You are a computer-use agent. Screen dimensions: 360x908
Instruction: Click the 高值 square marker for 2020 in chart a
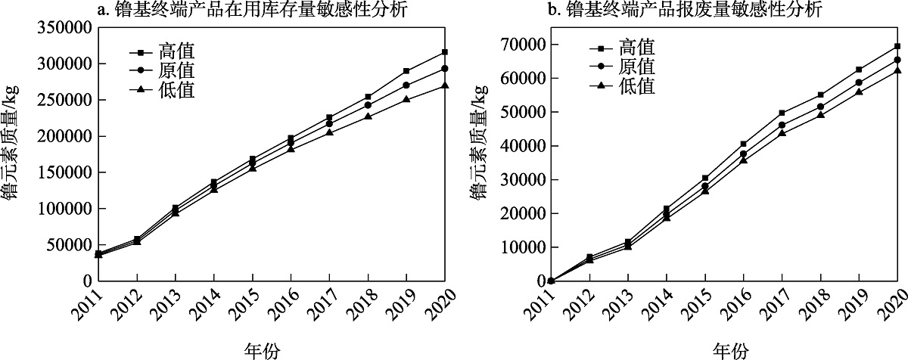tap(445, 52)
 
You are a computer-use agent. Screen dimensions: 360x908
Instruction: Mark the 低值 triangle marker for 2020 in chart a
tap(445, 85)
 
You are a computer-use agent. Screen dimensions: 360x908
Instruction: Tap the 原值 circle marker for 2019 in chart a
tap(406, 85)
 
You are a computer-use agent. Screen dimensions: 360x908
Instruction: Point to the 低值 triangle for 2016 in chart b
tap(743, 160)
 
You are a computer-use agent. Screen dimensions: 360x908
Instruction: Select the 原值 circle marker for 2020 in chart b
tap(897, 60)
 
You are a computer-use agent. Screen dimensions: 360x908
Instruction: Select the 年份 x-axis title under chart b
tap(730, 349)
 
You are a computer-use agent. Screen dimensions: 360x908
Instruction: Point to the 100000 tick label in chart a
tap(63, 208)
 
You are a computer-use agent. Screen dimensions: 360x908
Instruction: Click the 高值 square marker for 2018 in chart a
tap(368, 97)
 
